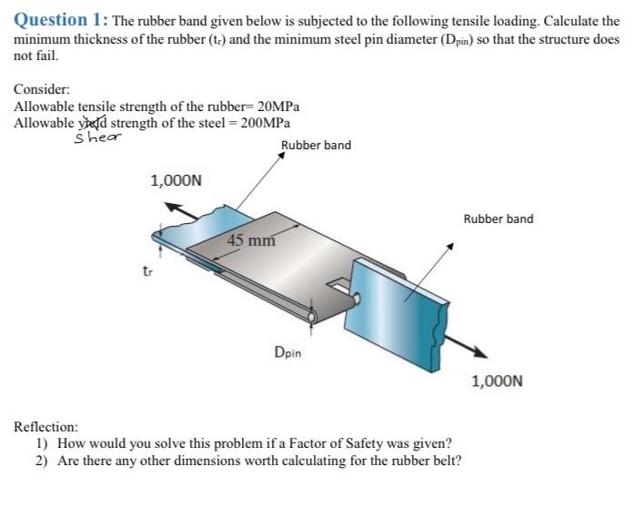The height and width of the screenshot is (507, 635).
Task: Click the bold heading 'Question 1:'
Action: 60,19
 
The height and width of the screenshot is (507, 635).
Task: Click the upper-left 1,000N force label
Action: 176,180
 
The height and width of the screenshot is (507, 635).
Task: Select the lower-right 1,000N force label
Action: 497,381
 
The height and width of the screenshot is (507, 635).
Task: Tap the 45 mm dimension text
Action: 251,241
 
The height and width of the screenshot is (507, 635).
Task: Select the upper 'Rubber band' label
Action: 316,146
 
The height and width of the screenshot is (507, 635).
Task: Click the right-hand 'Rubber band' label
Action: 499,219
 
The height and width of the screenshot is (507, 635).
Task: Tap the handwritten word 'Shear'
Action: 97,137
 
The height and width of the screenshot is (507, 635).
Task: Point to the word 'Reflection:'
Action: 46,426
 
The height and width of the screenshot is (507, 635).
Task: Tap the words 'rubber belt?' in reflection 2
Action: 425,461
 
